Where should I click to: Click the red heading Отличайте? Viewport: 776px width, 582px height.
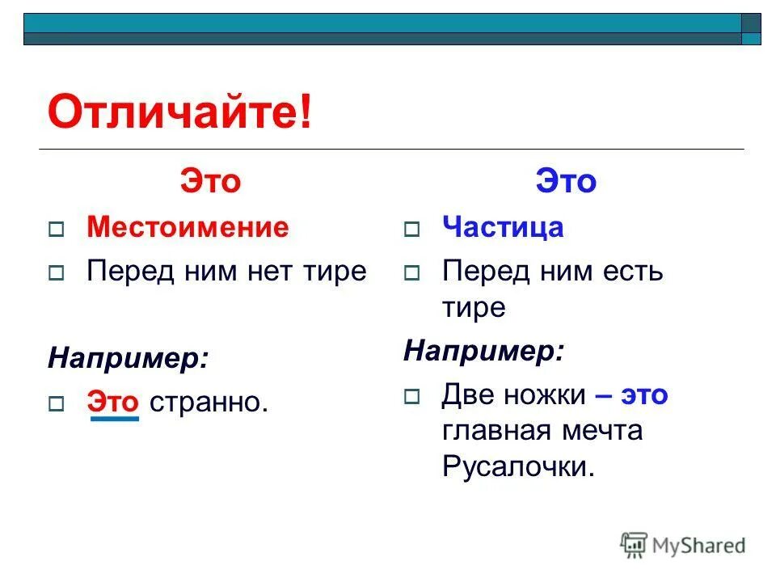coord(179,113)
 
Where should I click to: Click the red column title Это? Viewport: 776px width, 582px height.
coord(210,182)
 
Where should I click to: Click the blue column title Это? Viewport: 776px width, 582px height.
coord(566,182)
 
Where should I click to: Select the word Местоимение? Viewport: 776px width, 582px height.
coord(188,228)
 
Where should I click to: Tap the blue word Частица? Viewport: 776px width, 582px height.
coord(503,228)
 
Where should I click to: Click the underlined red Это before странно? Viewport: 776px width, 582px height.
coord(114,400)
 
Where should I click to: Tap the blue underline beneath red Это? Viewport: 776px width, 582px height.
coord(114,419)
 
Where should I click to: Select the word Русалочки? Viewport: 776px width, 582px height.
coord(518,467)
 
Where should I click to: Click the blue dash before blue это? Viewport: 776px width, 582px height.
coord(602,394)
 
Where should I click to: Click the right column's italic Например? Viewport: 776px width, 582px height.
coord(483,350)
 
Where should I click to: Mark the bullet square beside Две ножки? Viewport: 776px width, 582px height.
coord(411,397)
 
